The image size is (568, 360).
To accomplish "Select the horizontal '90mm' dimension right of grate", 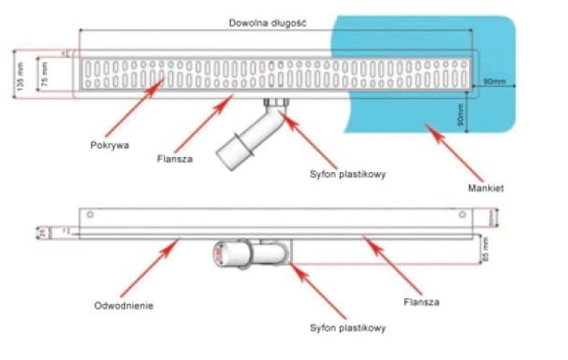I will (494, 83).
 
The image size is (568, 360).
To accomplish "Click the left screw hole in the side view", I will (90, 215).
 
